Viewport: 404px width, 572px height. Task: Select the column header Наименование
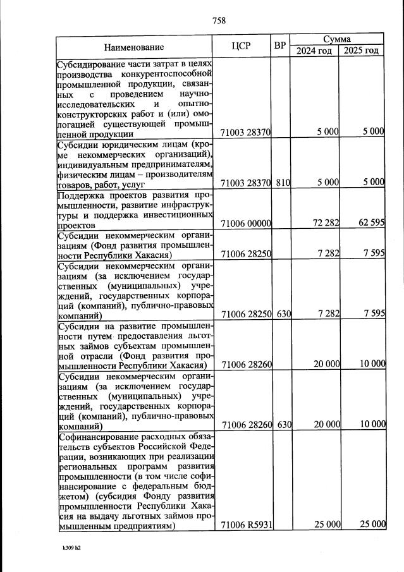134,47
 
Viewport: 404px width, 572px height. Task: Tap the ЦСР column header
242,46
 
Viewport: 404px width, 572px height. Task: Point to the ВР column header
281,46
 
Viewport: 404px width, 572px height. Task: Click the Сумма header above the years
337,39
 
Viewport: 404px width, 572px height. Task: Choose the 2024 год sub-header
314,51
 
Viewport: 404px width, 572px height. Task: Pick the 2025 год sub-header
362,51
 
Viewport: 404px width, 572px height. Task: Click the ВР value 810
282,183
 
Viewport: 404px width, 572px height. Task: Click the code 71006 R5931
246,525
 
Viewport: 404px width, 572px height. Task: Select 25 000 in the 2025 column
372,525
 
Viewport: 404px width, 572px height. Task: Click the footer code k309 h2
71,548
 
